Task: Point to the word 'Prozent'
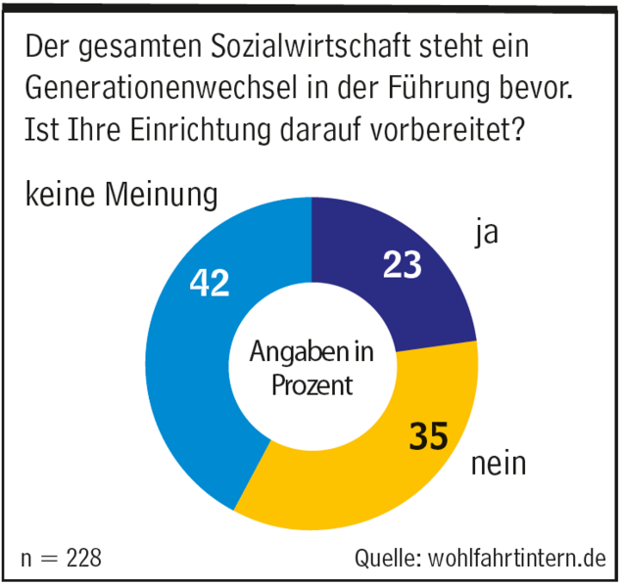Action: tap(312, 385)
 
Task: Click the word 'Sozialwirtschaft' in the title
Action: tap(256, 46)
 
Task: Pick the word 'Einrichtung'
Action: tap(201, 126)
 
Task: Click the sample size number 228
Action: tap(82, 559)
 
